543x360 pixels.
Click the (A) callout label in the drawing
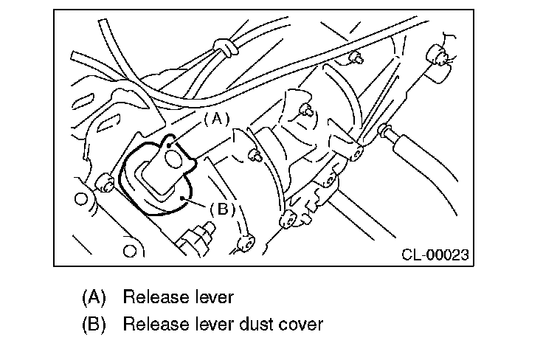coord(217,117)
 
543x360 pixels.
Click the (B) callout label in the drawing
coord(221,208)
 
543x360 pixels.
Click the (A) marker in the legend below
coord(94,297)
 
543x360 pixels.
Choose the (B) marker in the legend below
coord(94,324)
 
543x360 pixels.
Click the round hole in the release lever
coord(173,156)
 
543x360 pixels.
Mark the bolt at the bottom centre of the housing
coord(287,219)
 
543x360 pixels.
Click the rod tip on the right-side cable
coord(384,131)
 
